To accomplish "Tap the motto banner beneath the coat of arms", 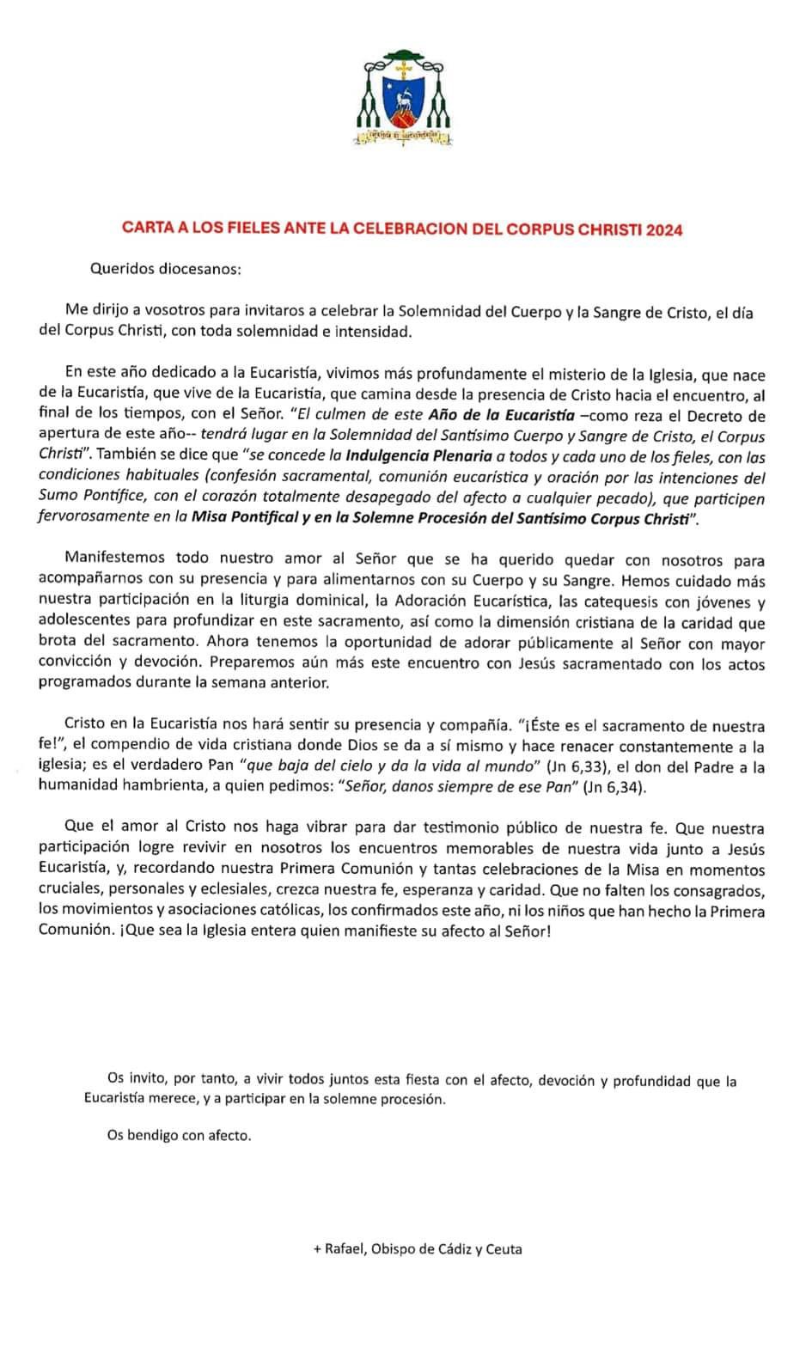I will (x=403, y=135).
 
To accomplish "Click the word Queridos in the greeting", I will (x=119, y=269).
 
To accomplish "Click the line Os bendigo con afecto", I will (x=179, y=1135).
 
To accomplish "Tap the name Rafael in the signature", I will (x=345, y=1249).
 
